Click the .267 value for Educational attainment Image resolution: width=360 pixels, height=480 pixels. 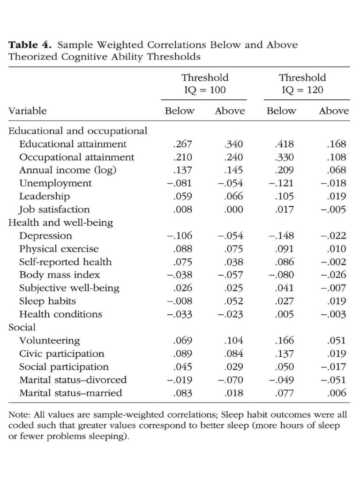tap(182, 144)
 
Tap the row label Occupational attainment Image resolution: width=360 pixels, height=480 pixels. tap(77, 157)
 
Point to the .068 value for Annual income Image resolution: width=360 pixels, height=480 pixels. tap(337, 170)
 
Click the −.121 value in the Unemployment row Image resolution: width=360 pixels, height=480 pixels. tap(280, 183)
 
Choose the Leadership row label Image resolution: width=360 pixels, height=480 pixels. tap(45, 196)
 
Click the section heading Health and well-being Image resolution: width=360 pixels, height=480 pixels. tap(61, 223)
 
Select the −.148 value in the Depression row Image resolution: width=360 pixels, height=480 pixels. tap(280, 236)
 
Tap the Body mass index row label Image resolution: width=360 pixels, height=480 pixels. tap(60, 275)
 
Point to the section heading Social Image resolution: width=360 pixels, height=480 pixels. tap(22, 327)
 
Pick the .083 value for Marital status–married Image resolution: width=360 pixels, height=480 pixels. tap(182, 393)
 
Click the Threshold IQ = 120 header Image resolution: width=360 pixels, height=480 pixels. tap(302, 83)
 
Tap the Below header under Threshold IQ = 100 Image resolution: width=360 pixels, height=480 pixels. tap(180, 111)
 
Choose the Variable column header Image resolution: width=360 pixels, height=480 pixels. tap(28, 111)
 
